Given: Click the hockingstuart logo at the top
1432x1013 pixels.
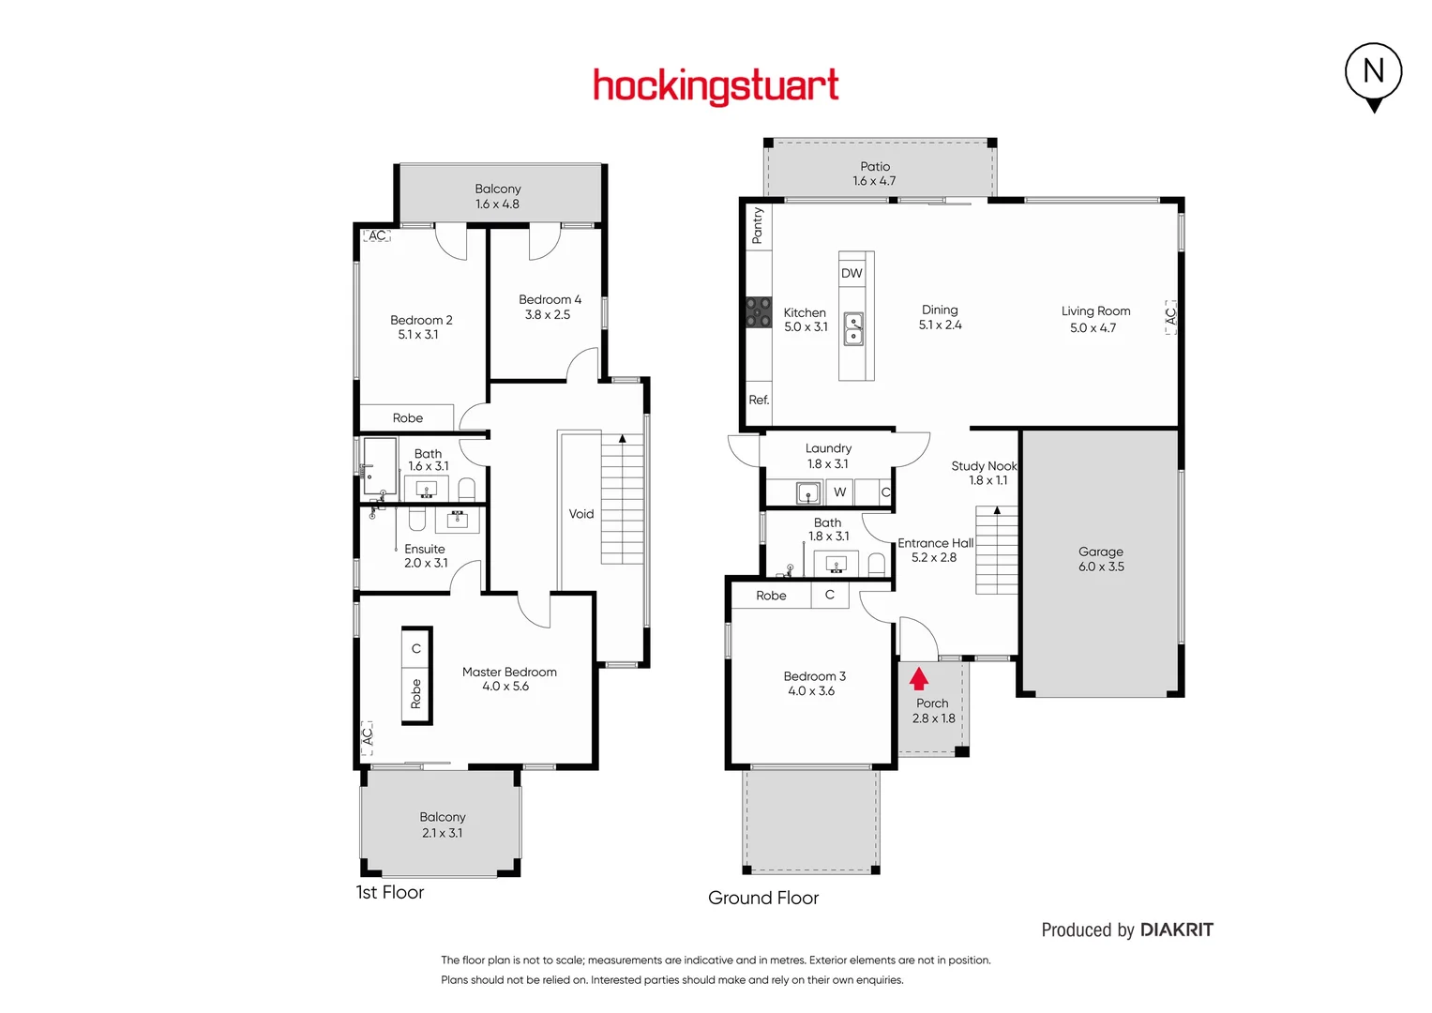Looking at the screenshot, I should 716,86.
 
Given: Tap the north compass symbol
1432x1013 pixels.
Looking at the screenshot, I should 1373,72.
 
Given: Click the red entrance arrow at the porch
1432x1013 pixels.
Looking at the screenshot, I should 919,678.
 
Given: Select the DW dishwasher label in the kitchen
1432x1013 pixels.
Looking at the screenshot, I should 852,273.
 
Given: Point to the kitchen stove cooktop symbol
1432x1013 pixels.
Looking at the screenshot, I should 758,312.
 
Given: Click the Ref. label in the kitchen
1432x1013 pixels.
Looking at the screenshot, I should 759,400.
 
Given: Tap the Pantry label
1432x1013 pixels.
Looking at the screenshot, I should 758,226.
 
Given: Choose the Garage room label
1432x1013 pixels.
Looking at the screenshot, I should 1100,552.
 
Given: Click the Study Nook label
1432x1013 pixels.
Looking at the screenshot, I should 984,465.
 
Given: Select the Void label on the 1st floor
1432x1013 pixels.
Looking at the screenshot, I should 581,513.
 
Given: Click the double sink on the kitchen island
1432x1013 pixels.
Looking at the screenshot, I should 853,328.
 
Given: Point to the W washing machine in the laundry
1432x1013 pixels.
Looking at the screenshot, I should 839,491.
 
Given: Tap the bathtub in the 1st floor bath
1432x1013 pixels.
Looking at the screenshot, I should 380,464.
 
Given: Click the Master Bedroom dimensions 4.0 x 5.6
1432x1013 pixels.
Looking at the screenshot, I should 505,687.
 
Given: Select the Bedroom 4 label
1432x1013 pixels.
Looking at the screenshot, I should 550,299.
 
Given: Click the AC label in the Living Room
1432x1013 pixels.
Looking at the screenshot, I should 1170,316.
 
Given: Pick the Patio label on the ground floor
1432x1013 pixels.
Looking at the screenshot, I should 875,166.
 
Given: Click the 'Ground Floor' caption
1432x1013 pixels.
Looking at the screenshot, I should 763,898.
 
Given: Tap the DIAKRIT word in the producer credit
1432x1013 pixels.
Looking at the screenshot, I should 1176,930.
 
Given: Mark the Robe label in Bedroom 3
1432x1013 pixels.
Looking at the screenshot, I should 771,596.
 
